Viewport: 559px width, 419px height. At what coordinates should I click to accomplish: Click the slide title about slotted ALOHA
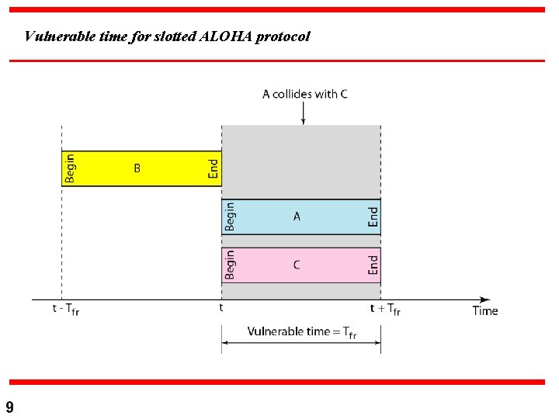[x=167, y=36]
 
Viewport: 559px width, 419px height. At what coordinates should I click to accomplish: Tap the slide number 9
[x=9, y=407]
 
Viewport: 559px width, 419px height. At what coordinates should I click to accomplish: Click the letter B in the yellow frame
[x=137, y=168]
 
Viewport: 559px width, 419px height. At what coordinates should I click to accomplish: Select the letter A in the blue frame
[x=297, y=217]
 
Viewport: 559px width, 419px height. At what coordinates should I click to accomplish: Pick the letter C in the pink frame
[x=297, y=265]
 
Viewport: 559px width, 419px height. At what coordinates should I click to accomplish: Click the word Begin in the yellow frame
[x=71, y=168]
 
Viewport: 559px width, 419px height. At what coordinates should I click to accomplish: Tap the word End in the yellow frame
[x=214, y=168]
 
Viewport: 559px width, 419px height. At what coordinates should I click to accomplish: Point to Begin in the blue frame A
[x=230, y=216]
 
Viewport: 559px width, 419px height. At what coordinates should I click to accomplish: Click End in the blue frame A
[x=373, y=216]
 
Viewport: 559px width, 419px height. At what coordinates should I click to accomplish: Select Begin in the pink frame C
[x=230, y=265]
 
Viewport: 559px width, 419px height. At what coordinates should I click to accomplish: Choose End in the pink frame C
[x=373, y=265]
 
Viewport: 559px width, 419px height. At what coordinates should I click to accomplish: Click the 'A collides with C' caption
[x=304, y=94]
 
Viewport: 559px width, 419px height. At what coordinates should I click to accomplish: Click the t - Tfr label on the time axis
[x=66, y=310]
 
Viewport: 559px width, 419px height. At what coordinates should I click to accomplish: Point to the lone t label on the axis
[x=221, y=307]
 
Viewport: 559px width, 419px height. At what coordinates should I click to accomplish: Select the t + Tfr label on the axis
[x=384, y=309]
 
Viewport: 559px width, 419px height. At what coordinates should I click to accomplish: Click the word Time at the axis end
[x=485, y=311]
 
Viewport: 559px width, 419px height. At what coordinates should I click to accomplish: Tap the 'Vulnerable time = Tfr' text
[x=302, y=331]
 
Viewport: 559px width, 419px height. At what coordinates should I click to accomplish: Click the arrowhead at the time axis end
[x=485, y=300]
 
